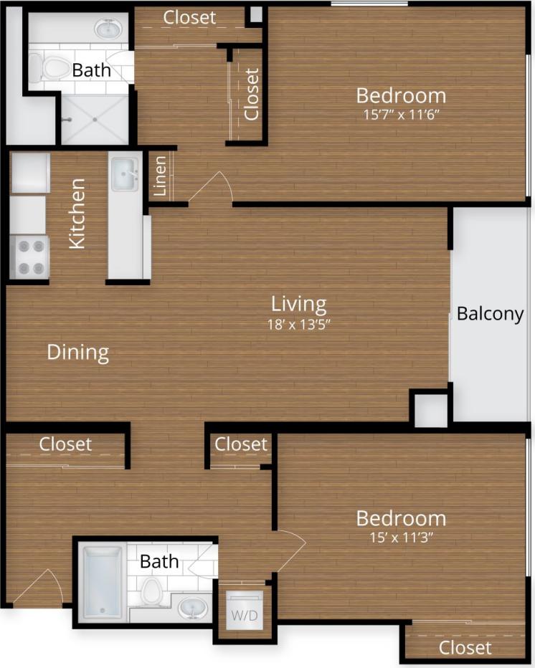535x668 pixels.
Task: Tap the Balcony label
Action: [491, 314]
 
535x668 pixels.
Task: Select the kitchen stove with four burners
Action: [29, 257]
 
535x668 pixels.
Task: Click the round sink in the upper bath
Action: [109, 29]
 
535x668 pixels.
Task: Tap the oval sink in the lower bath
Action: [191, 609]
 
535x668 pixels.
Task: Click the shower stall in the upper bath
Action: [94, 120]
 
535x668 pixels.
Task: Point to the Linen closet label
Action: [160, 176]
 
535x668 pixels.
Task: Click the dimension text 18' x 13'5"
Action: [299, 323]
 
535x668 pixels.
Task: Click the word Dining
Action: [77, 352]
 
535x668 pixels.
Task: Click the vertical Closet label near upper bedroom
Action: [251, 94]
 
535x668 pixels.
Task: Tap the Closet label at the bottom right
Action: [465, 648]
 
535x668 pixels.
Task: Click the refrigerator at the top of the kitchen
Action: [29, 173]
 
